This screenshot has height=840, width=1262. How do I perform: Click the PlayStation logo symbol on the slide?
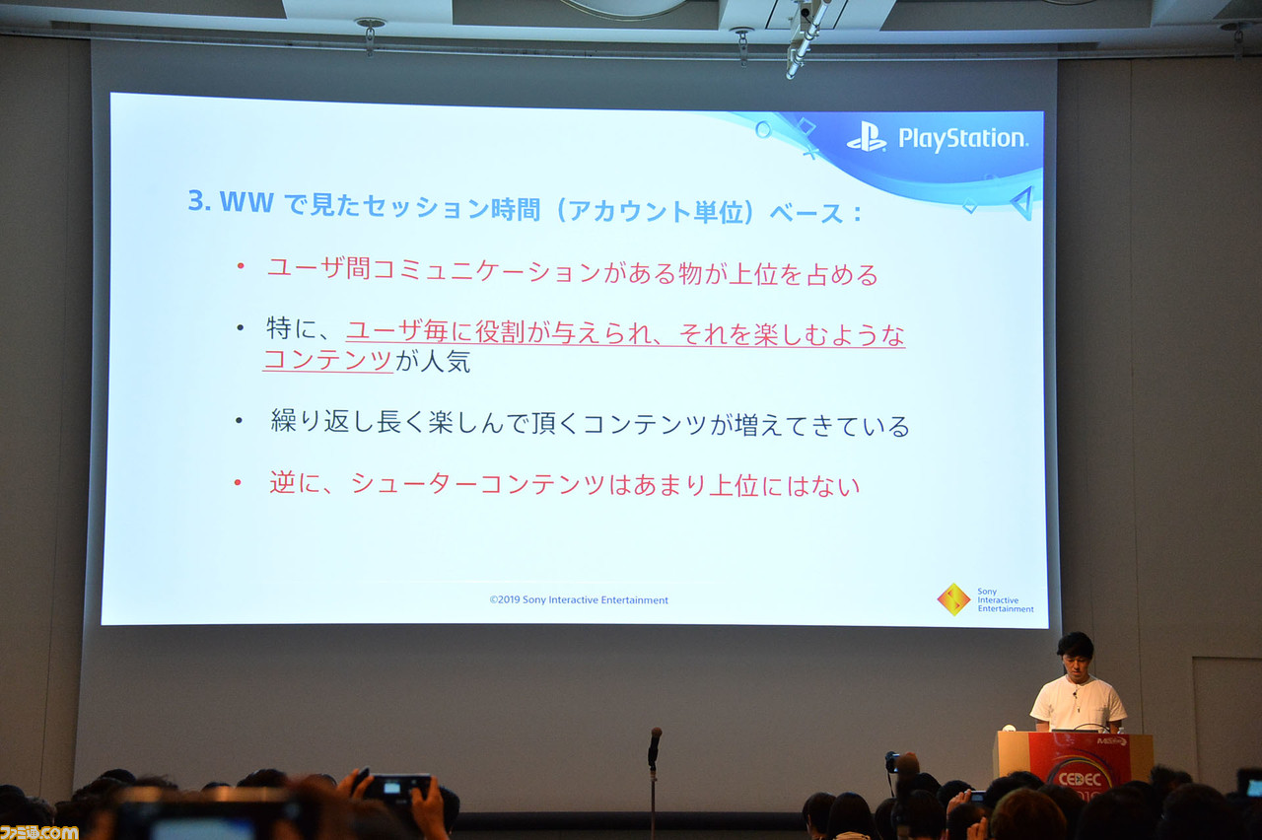click(x=866, y=137)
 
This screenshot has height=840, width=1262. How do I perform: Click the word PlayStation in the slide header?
click(x=962, y=139)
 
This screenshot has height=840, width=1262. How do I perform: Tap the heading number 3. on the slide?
click(x=200, y=202)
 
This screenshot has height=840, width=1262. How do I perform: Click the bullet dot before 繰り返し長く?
click(x=240, y=421)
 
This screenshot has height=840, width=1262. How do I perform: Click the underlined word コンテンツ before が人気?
click(x=328, y=361)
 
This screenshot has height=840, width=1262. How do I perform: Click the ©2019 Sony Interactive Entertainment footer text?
click(x=579, y=599)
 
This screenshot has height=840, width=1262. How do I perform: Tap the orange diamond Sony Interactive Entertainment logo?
click(x=952, y=599)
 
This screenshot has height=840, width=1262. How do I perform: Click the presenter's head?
click(x=1076, y=655)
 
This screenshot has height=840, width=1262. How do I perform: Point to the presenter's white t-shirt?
click(x=1078, y=704)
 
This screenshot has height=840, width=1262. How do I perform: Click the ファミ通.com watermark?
click(x=39, y=831)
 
